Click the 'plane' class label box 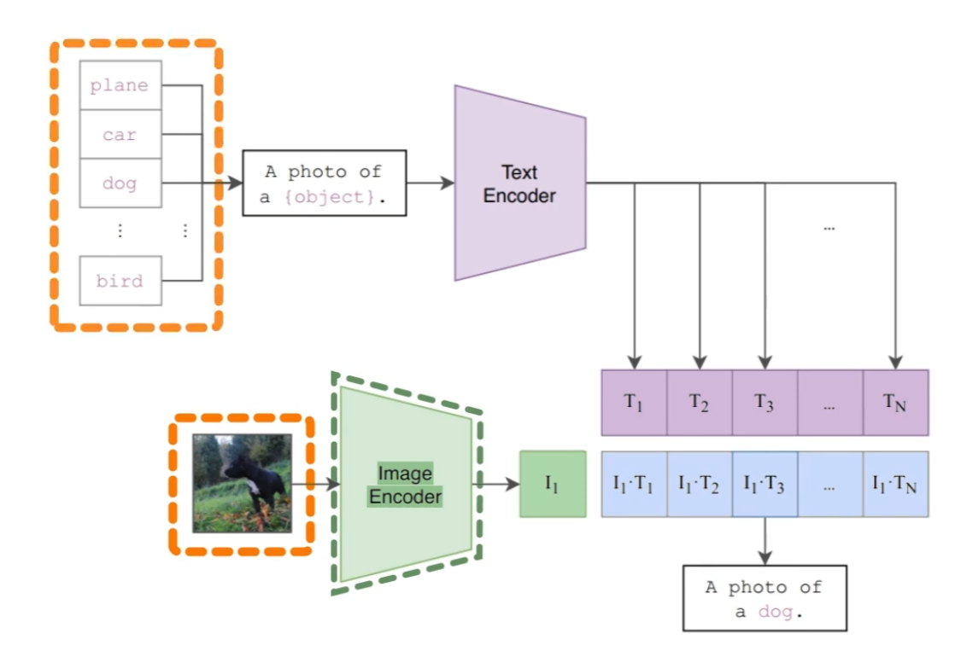(120, 85)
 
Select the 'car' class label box (120, 135)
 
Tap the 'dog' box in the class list (120, 183)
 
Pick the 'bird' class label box (120, 281)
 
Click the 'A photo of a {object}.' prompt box (325, 183)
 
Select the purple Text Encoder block (519, 183)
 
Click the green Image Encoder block (406, 485)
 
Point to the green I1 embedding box (553, 484)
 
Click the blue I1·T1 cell (634, 485)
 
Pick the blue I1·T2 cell (700, 485)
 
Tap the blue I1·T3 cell (765, 485)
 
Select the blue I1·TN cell (895, 485)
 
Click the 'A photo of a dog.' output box (765, 598)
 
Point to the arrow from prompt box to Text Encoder (431, 183)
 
